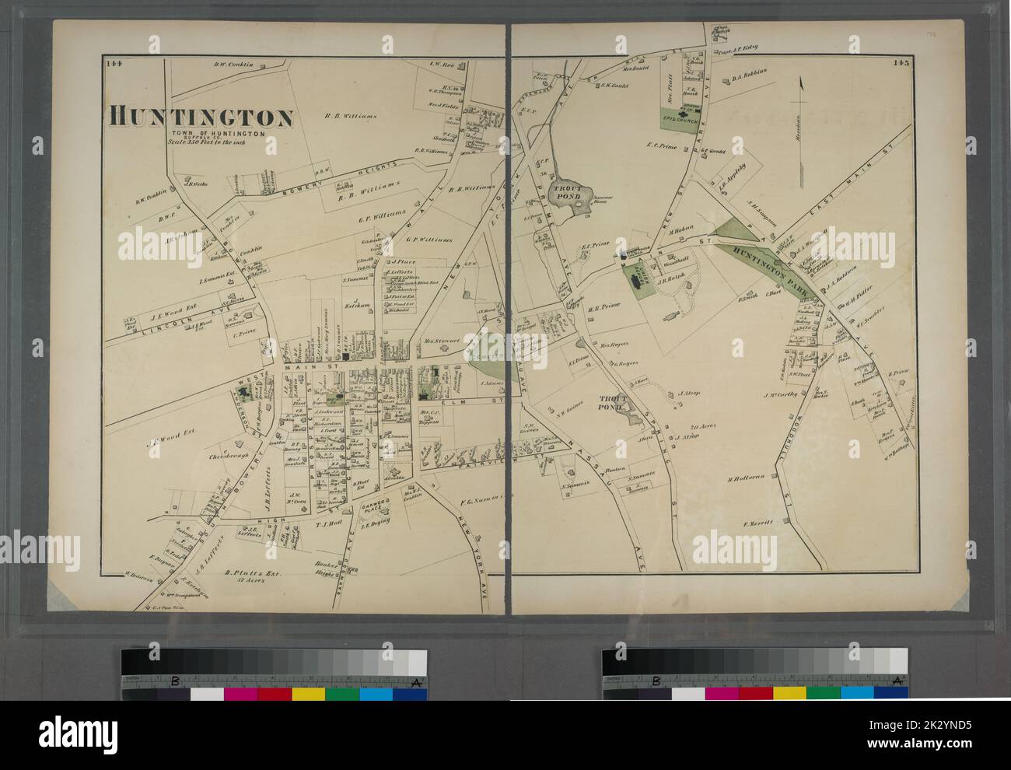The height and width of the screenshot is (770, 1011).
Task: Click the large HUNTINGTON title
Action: pos(201,117)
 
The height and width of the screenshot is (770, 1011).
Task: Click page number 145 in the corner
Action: pos(901,65)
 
